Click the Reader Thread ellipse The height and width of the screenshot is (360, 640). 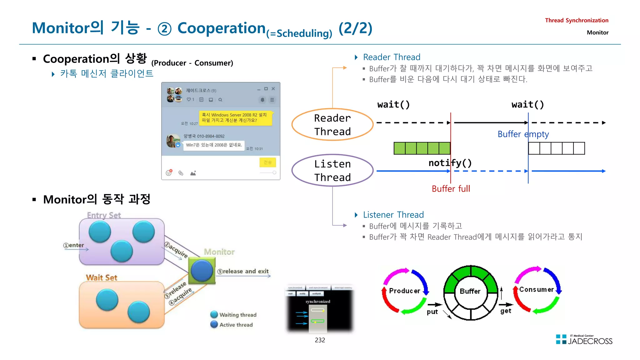click(x=332, y=124)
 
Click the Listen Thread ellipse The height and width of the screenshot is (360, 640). click(x=332, y=170)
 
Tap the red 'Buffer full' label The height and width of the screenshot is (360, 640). click(x=451, y=189)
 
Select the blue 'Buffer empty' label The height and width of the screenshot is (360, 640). click(x=523, y=134)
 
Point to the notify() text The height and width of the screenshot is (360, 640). click(x=450, y=163)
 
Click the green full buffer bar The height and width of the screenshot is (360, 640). click(x=422, y=148)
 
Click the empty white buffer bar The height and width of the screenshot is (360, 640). click(x=556, y=148)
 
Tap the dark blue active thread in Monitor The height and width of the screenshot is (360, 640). click(x=202, y=271)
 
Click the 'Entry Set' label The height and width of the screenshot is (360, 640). click(x=104, y=215)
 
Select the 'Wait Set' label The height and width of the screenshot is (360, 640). click(x=102, y=277)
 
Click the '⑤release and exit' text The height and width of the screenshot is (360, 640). click(x=243, y=271)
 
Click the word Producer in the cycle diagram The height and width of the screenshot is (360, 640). click(x=404, y=291)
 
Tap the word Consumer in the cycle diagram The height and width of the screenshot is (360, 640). click(x=536, y=289)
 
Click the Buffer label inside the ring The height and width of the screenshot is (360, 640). click(x=470, y=291)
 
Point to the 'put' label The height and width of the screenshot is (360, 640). click(x=432, y=312)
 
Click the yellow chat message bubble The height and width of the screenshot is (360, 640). click(x=236, y=118)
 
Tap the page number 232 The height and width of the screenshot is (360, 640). click(x=320, y=340)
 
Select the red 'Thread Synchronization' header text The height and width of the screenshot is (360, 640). click(x=576, y=20)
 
